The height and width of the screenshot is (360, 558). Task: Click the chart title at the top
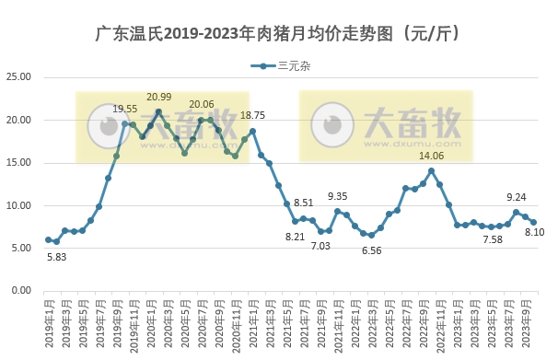point(279,34)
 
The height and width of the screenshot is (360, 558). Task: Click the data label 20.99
point(159,97)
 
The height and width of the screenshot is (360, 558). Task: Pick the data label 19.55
point(124,109)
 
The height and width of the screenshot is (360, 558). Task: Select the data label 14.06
point(432,156)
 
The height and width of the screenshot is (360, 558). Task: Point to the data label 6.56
point(371,250)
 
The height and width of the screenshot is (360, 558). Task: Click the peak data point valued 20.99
point(158,112)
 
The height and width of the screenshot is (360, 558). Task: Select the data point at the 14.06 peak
point(431,171)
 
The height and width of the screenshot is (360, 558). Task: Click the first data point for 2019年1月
point(48,240)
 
